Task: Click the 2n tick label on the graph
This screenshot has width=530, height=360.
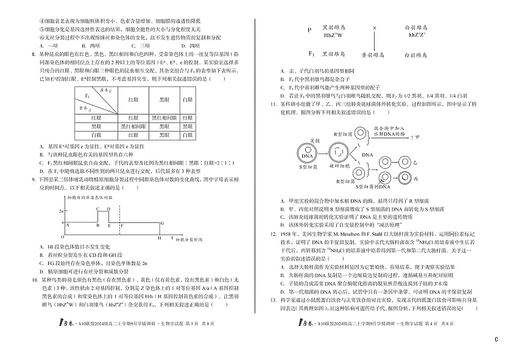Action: [62, 210]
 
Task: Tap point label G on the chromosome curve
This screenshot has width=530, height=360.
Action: [161, 223]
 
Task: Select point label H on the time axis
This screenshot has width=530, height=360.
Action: [158, 238]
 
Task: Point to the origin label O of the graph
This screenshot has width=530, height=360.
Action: [62, 236]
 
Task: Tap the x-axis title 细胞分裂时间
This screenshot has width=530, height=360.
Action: [188, 241]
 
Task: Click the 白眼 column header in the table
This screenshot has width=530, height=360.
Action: [188, 99]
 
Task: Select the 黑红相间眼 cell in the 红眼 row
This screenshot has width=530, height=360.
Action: [164, 116]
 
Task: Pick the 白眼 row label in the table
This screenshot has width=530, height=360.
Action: [96, 134]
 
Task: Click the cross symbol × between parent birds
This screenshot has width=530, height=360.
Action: [374, 28]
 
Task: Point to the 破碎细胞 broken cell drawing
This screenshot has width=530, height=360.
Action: [337, 154]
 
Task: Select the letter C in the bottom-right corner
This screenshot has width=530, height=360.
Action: [496, 340]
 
